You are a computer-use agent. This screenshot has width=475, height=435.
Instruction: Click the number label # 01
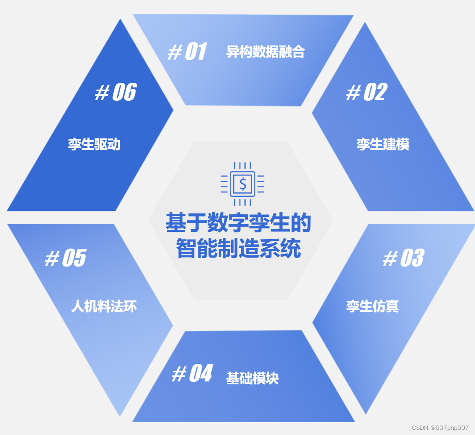coord(187,52)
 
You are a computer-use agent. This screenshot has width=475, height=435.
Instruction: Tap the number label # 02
coord(367,93)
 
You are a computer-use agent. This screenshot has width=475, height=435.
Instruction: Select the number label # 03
coord(403,258)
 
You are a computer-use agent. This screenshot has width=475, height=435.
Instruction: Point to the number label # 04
coord(192,374)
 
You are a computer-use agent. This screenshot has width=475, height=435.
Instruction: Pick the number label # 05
coord(66,258)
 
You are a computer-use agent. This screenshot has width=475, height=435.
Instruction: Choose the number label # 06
coord(115,93)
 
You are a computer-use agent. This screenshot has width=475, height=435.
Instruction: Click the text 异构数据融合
coord(265,52)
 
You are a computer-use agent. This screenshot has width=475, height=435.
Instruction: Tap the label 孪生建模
coord(383,144)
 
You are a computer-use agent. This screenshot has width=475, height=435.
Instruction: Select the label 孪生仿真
coord(373,306)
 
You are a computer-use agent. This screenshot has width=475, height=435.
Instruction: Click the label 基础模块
coord(253,378)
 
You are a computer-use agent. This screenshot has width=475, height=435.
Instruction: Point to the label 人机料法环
coord(104,306)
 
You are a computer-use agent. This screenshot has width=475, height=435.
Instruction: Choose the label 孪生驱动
coord(94,144)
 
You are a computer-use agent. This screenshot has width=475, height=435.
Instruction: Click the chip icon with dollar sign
coord(243,184)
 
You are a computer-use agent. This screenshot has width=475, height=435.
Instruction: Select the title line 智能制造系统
coord(238,249)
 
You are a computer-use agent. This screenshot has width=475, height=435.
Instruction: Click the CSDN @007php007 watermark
coord(440,428)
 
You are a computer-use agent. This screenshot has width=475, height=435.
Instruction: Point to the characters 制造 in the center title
coord(238,249)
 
